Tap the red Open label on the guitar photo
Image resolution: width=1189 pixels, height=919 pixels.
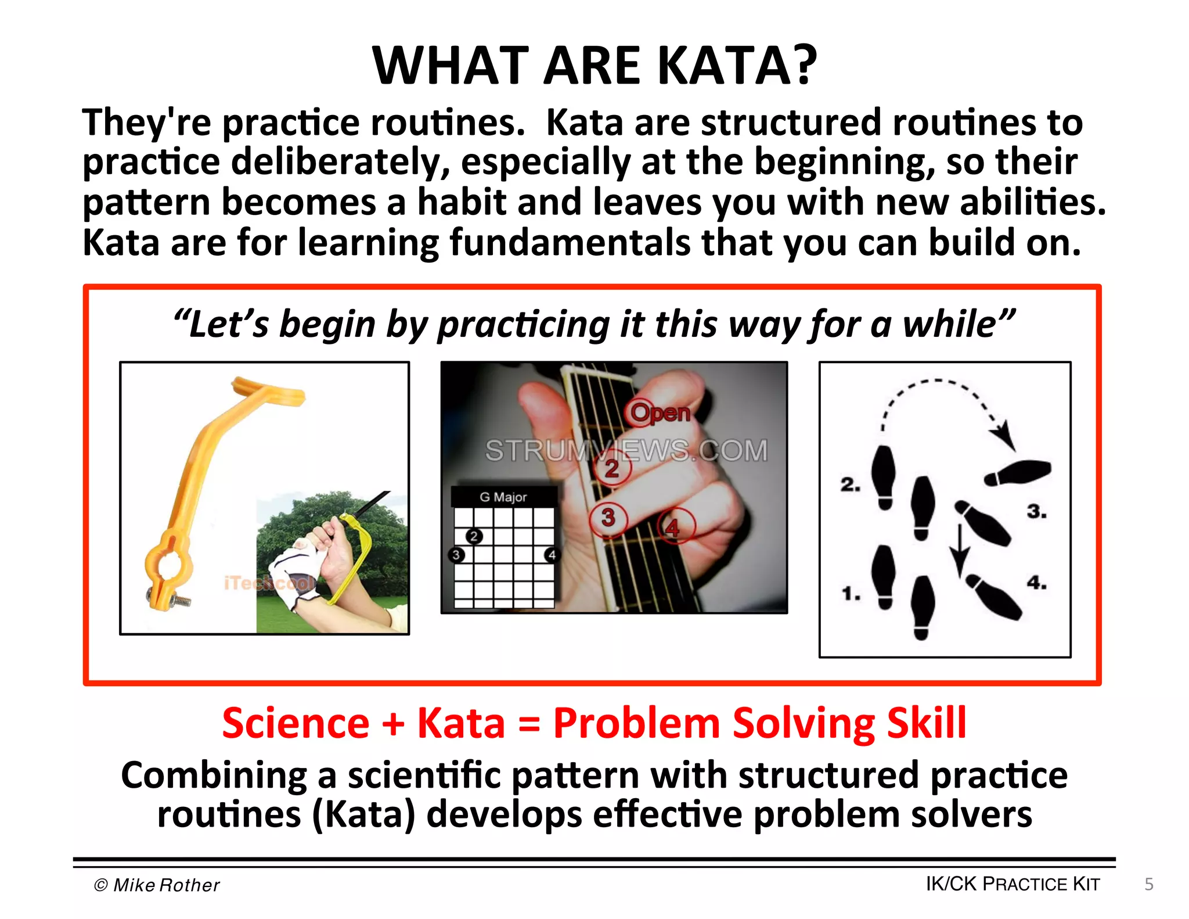tap(660, 413)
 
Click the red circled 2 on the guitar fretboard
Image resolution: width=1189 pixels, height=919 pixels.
tap(611, 468)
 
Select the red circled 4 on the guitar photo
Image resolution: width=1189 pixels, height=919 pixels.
tap(672, 527)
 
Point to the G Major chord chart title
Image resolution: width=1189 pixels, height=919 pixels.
tap(503, 497)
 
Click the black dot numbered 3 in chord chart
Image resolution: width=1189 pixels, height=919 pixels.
tap(456, 555)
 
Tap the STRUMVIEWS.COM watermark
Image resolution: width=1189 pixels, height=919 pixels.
tap(626, 451)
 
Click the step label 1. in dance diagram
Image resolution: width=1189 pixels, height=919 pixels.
tap(851, 594)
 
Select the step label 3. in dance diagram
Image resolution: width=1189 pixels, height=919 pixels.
tap(1036, 511)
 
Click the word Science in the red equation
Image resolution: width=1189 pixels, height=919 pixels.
tap(296, 723)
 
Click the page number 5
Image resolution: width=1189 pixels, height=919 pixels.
tap(1148, 884)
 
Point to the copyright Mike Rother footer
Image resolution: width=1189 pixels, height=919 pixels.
tap(157, 885)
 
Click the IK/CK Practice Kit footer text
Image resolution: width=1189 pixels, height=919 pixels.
tap(1013, 884)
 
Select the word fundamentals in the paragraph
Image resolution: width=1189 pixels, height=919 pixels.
tap(570, 242)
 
